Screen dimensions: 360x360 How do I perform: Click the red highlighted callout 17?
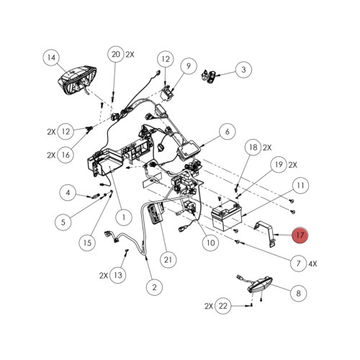[300, 235]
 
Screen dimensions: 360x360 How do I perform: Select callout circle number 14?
[51, 58]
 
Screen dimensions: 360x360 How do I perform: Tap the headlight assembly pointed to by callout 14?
[77, 81]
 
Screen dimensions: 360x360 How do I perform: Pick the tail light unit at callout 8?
[260, 284]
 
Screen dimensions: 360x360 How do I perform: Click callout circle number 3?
[243, 70]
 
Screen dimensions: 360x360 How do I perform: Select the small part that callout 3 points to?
[209, 76]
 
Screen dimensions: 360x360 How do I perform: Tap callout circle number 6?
[227, 132]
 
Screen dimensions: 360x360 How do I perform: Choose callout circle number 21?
[168, 260]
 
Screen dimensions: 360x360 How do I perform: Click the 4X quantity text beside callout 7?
[312, 264]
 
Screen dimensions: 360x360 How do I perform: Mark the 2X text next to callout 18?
[267, 148]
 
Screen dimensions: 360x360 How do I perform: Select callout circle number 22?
[223, 306]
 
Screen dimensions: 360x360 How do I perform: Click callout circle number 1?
[124, 217]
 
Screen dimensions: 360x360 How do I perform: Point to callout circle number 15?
[87, 243]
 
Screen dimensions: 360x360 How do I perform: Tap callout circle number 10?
[210, 243]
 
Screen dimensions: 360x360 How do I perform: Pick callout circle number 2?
[154, 287]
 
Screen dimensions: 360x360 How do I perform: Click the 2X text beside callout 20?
[130, 55]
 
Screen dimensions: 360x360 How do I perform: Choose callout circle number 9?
[189, 66]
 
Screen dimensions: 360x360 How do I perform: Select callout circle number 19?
[279, 165]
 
